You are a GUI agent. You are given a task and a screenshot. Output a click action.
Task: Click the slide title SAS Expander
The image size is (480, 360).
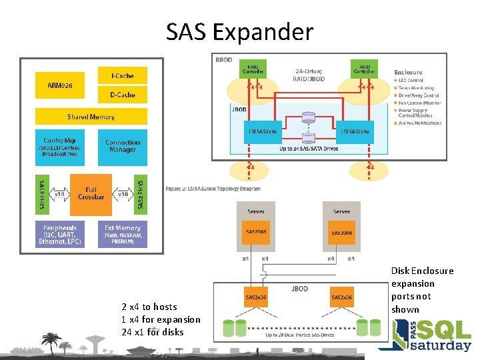pos(239,31)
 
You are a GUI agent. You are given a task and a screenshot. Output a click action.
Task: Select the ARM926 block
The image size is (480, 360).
pos(61,85)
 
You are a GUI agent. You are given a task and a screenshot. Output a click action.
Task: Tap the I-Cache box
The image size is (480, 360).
pos(122,76)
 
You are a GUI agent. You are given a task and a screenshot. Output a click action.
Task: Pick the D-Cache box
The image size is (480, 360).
pos(122,95)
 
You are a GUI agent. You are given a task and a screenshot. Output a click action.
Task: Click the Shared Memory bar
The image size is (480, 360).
pos(91,117)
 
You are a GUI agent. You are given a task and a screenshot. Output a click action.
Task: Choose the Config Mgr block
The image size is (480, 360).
pos(61,147)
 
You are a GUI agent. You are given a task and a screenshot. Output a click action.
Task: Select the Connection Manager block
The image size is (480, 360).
pos(123,146)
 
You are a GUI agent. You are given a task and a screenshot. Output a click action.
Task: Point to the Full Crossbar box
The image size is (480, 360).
pos(91,194)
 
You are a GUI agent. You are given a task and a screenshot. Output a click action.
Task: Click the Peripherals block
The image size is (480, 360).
pos(61,235)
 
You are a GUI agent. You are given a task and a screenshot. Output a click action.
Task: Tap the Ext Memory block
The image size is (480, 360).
pos(123,235)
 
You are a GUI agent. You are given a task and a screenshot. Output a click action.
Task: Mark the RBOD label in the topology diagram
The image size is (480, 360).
pos(224,60)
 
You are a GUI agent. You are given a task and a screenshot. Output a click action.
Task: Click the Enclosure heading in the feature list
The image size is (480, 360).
pos(408,72)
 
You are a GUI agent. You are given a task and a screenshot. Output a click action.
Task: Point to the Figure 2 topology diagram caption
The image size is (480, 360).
pos(213,189)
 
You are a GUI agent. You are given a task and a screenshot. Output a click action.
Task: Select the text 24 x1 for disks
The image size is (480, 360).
pos(153,332)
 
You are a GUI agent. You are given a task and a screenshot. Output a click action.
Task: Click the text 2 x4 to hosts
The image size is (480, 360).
pos(149,307)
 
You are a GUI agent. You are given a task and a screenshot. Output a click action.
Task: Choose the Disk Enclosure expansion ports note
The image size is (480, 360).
pos(422,290)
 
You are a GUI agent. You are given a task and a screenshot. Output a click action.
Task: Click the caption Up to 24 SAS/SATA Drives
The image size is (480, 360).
pos(308,148)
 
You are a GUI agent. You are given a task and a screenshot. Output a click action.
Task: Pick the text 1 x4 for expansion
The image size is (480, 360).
pos(161,319)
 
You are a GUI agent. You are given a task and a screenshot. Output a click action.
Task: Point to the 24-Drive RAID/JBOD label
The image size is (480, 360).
pos(309,73)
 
